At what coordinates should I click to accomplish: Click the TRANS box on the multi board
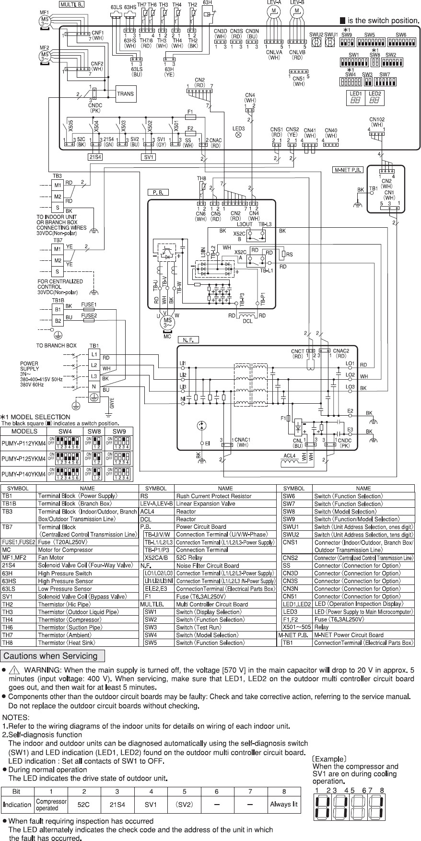(126, 94)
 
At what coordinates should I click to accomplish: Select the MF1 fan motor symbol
(45, 21)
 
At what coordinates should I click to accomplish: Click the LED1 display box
(356, 99)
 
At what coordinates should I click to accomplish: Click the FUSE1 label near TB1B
(88, 304)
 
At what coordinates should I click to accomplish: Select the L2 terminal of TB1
(94, 365)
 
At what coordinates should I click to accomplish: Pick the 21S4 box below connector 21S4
(96, 157)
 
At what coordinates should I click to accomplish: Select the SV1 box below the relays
(149, 157)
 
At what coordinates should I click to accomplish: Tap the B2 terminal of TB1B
(58, 320)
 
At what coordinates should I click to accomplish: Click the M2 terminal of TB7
(58, 260)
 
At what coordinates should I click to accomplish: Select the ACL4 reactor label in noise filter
(289, 456)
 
